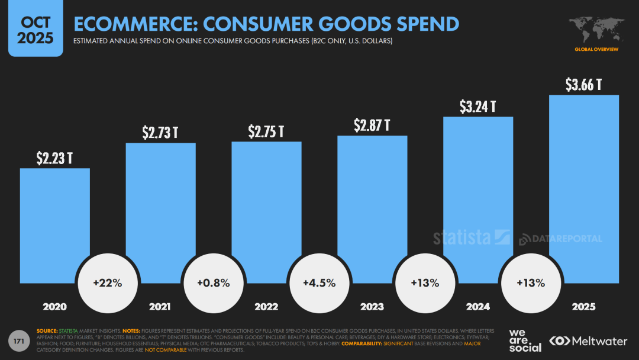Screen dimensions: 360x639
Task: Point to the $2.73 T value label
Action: [160, 133]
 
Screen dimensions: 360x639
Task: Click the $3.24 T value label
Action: [477, 107]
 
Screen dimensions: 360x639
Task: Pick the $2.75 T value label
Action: [266, 131]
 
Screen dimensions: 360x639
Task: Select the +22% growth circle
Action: [107, 283]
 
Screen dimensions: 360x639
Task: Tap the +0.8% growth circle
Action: [213, 283]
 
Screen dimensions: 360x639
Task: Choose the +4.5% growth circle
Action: [319, 283]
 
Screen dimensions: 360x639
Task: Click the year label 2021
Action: [160, 307]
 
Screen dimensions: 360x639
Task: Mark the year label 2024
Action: [477, 307]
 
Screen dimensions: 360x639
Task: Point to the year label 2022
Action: [266, 307]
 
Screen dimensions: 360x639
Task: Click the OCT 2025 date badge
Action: [35, 30]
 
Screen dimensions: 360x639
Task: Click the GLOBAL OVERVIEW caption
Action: [596, 49]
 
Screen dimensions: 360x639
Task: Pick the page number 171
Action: [18, 340]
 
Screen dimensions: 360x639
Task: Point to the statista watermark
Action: [471, 237]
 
